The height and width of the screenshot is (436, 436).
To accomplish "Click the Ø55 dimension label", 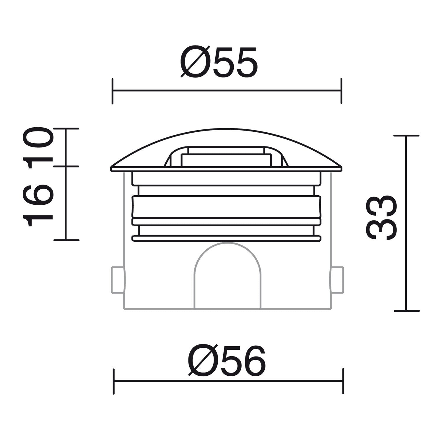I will (219, 62).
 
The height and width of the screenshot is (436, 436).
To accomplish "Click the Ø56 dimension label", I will (227, 361).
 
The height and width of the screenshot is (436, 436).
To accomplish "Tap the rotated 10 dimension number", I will (40, 147).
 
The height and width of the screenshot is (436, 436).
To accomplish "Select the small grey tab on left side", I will (117, 280).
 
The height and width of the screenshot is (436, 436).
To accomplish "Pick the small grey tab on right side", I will (337, 280).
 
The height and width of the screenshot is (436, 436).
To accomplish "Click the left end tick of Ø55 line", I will (113, 91).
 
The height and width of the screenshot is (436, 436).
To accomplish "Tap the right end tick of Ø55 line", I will (341, 91).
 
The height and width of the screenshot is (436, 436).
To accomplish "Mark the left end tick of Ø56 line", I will (114, 381).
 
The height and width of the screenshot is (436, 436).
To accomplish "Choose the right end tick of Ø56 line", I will (343, 381).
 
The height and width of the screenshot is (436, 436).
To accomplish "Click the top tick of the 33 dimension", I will (406, 136).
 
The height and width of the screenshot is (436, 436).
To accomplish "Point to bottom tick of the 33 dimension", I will (406, 311).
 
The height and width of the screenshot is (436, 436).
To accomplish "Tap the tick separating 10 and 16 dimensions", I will (66, 167).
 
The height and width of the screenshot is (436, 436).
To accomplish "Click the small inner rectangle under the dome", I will (226, 160).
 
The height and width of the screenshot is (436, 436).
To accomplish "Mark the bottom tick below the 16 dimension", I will (66, 240).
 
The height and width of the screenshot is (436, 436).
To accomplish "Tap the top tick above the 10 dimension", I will (66, 128).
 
